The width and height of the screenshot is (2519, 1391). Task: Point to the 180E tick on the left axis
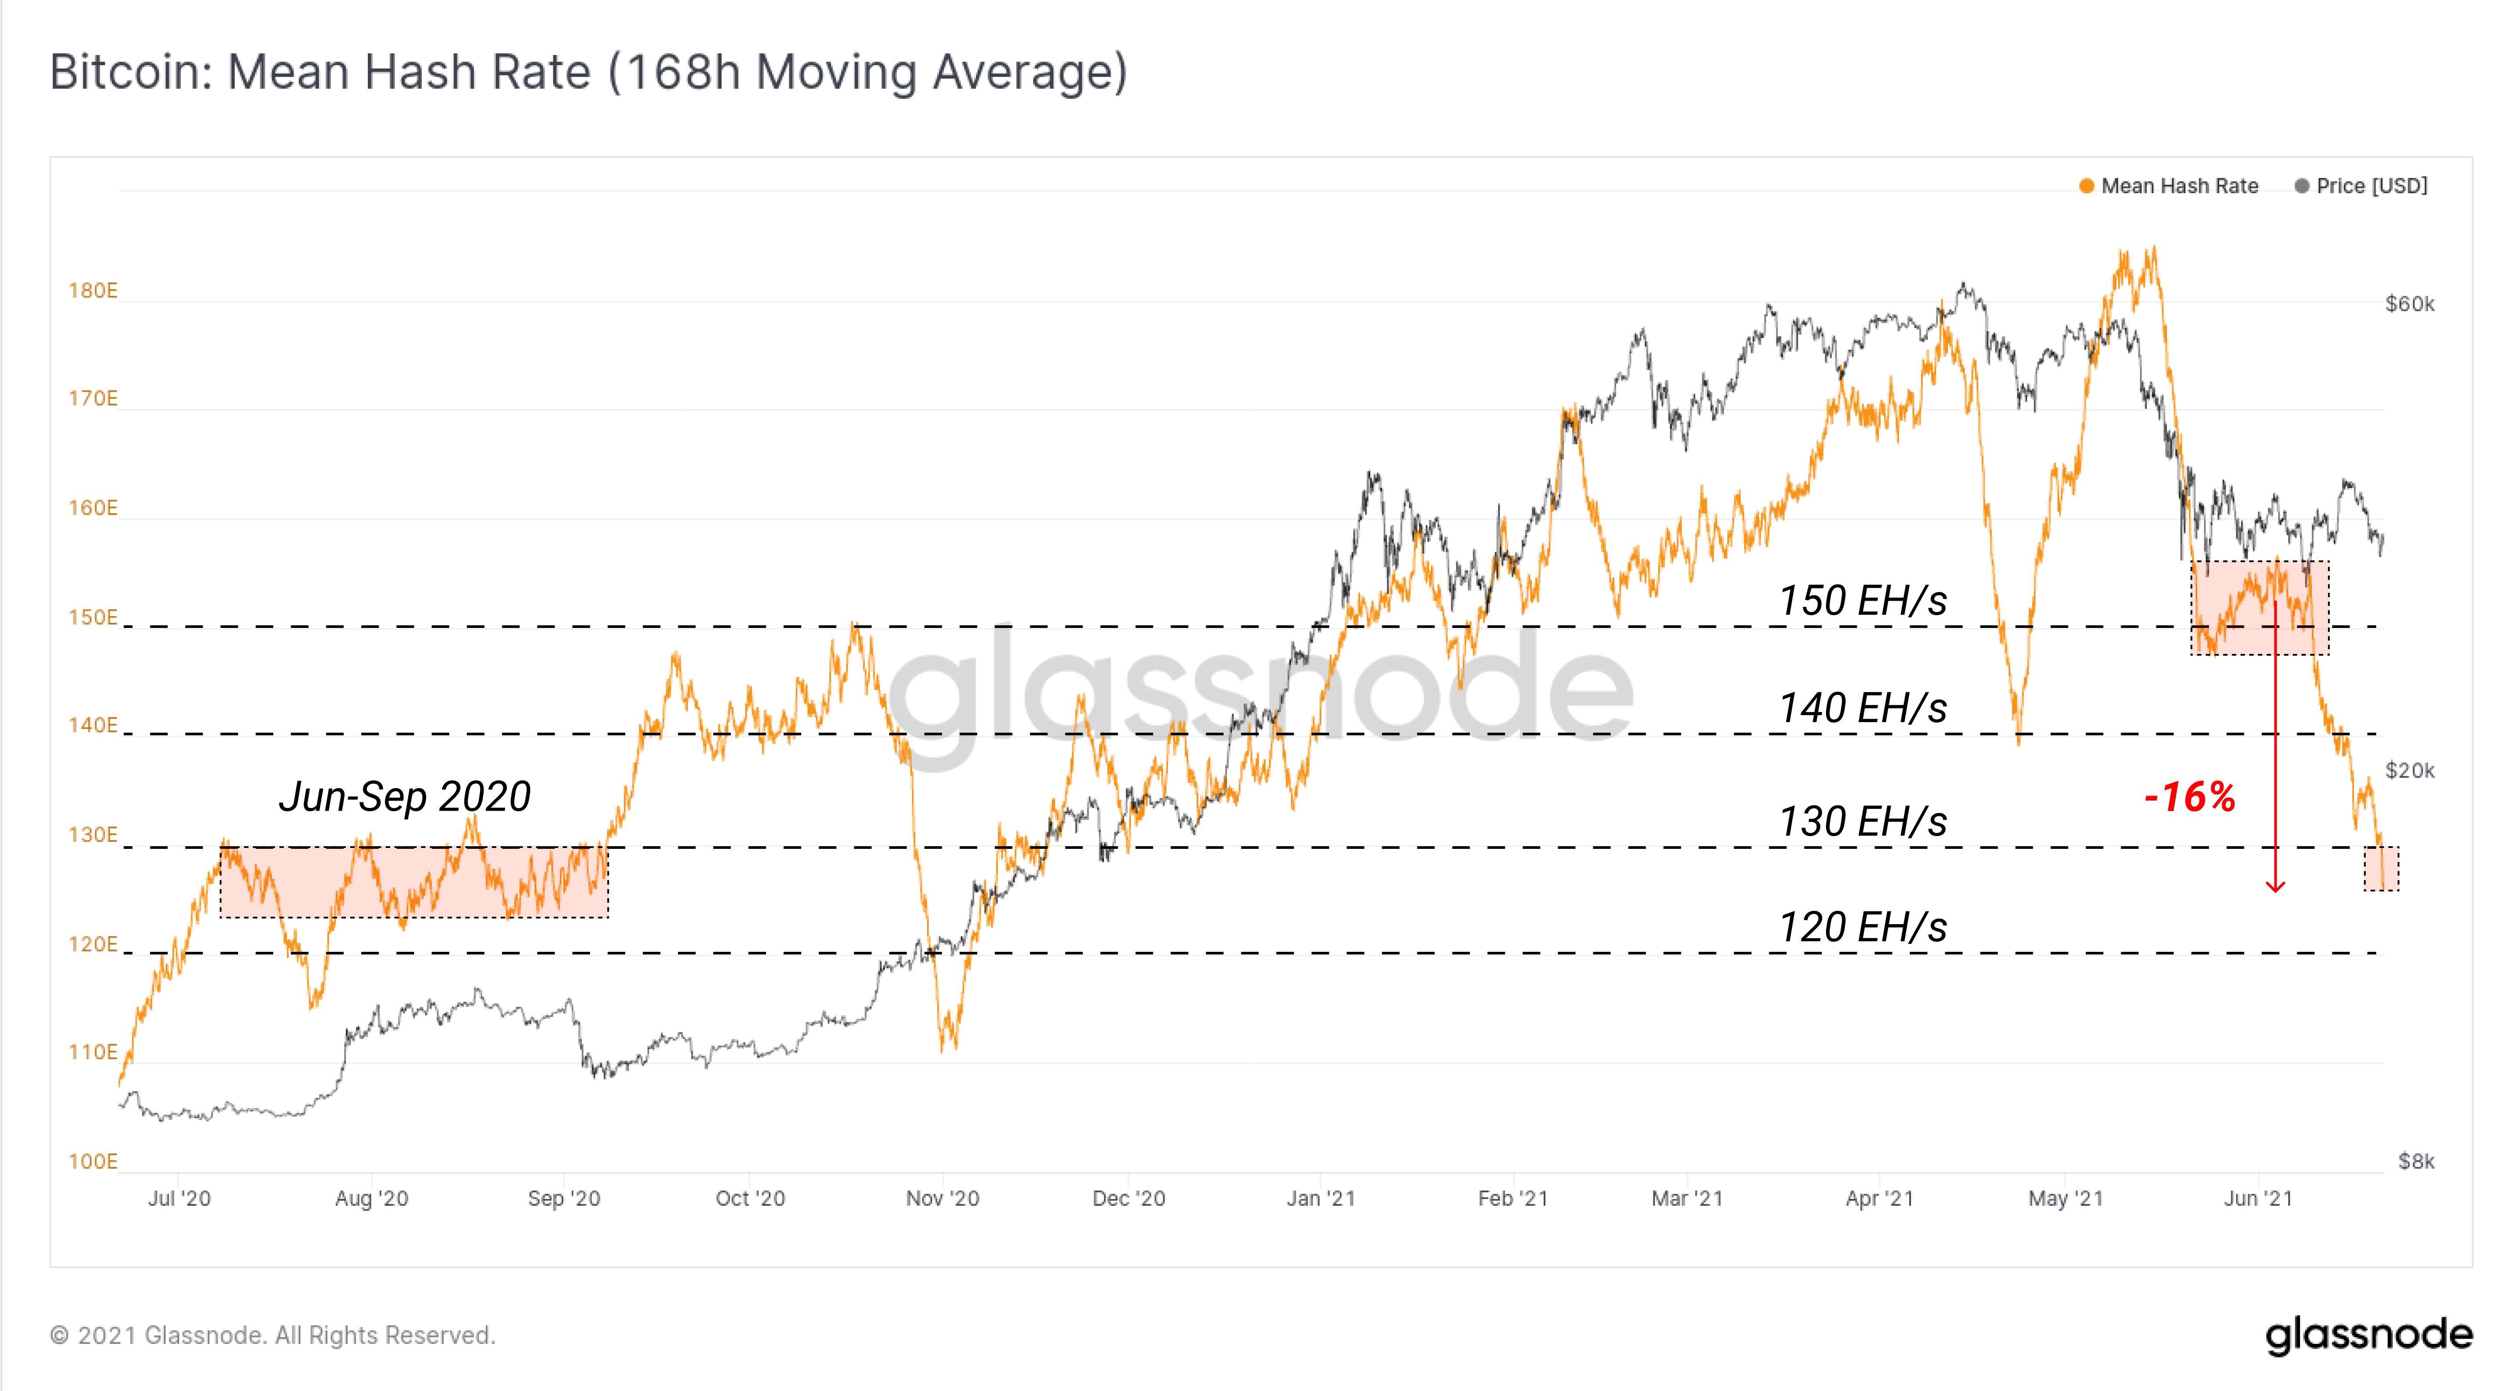tap(92, 290)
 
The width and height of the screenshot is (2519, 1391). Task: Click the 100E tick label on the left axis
tap(92, 1161)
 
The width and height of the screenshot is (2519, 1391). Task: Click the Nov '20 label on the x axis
tap(942, 1198)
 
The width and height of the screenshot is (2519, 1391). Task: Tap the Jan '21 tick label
tap(1320, 1198)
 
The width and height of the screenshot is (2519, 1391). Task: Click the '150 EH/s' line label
tap(1862, 601)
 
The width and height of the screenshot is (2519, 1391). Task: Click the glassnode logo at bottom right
tap(2369, 1335)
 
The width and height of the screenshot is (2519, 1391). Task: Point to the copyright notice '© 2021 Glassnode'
tap(272, 1335)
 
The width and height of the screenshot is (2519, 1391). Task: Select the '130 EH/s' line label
tap(1862, 822)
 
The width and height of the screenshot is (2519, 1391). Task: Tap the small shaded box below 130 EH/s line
tap(2381, 869)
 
